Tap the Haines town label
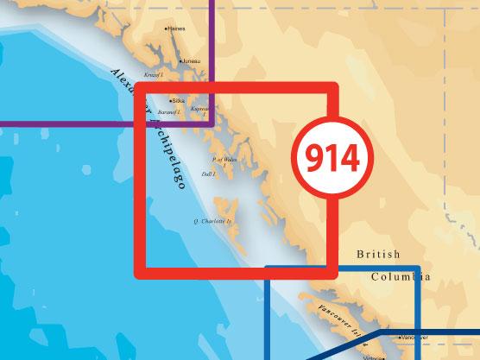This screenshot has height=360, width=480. coord(177,28)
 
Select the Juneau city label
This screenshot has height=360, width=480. coord(190,61)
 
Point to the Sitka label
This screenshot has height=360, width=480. coord(180,101)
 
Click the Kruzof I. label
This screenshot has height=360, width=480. coord(153,75)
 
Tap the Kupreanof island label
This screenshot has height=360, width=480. coord(200,110)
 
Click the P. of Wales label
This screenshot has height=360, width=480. coord(224,160)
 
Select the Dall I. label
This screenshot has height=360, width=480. coord(207,174)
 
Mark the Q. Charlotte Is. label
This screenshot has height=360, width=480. coord(212,222)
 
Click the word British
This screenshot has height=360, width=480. coord(379,255)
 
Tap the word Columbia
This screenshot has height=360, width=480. coord(401,276)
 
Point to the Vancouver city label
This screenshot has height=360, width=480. coord(418,338)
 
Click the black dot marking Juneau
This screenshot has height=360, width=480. coord(178,61)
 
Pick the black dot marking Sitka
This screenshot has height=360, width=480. coord(171,101)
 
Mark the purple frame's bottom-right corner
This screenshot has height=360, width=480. coord(212,123)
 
